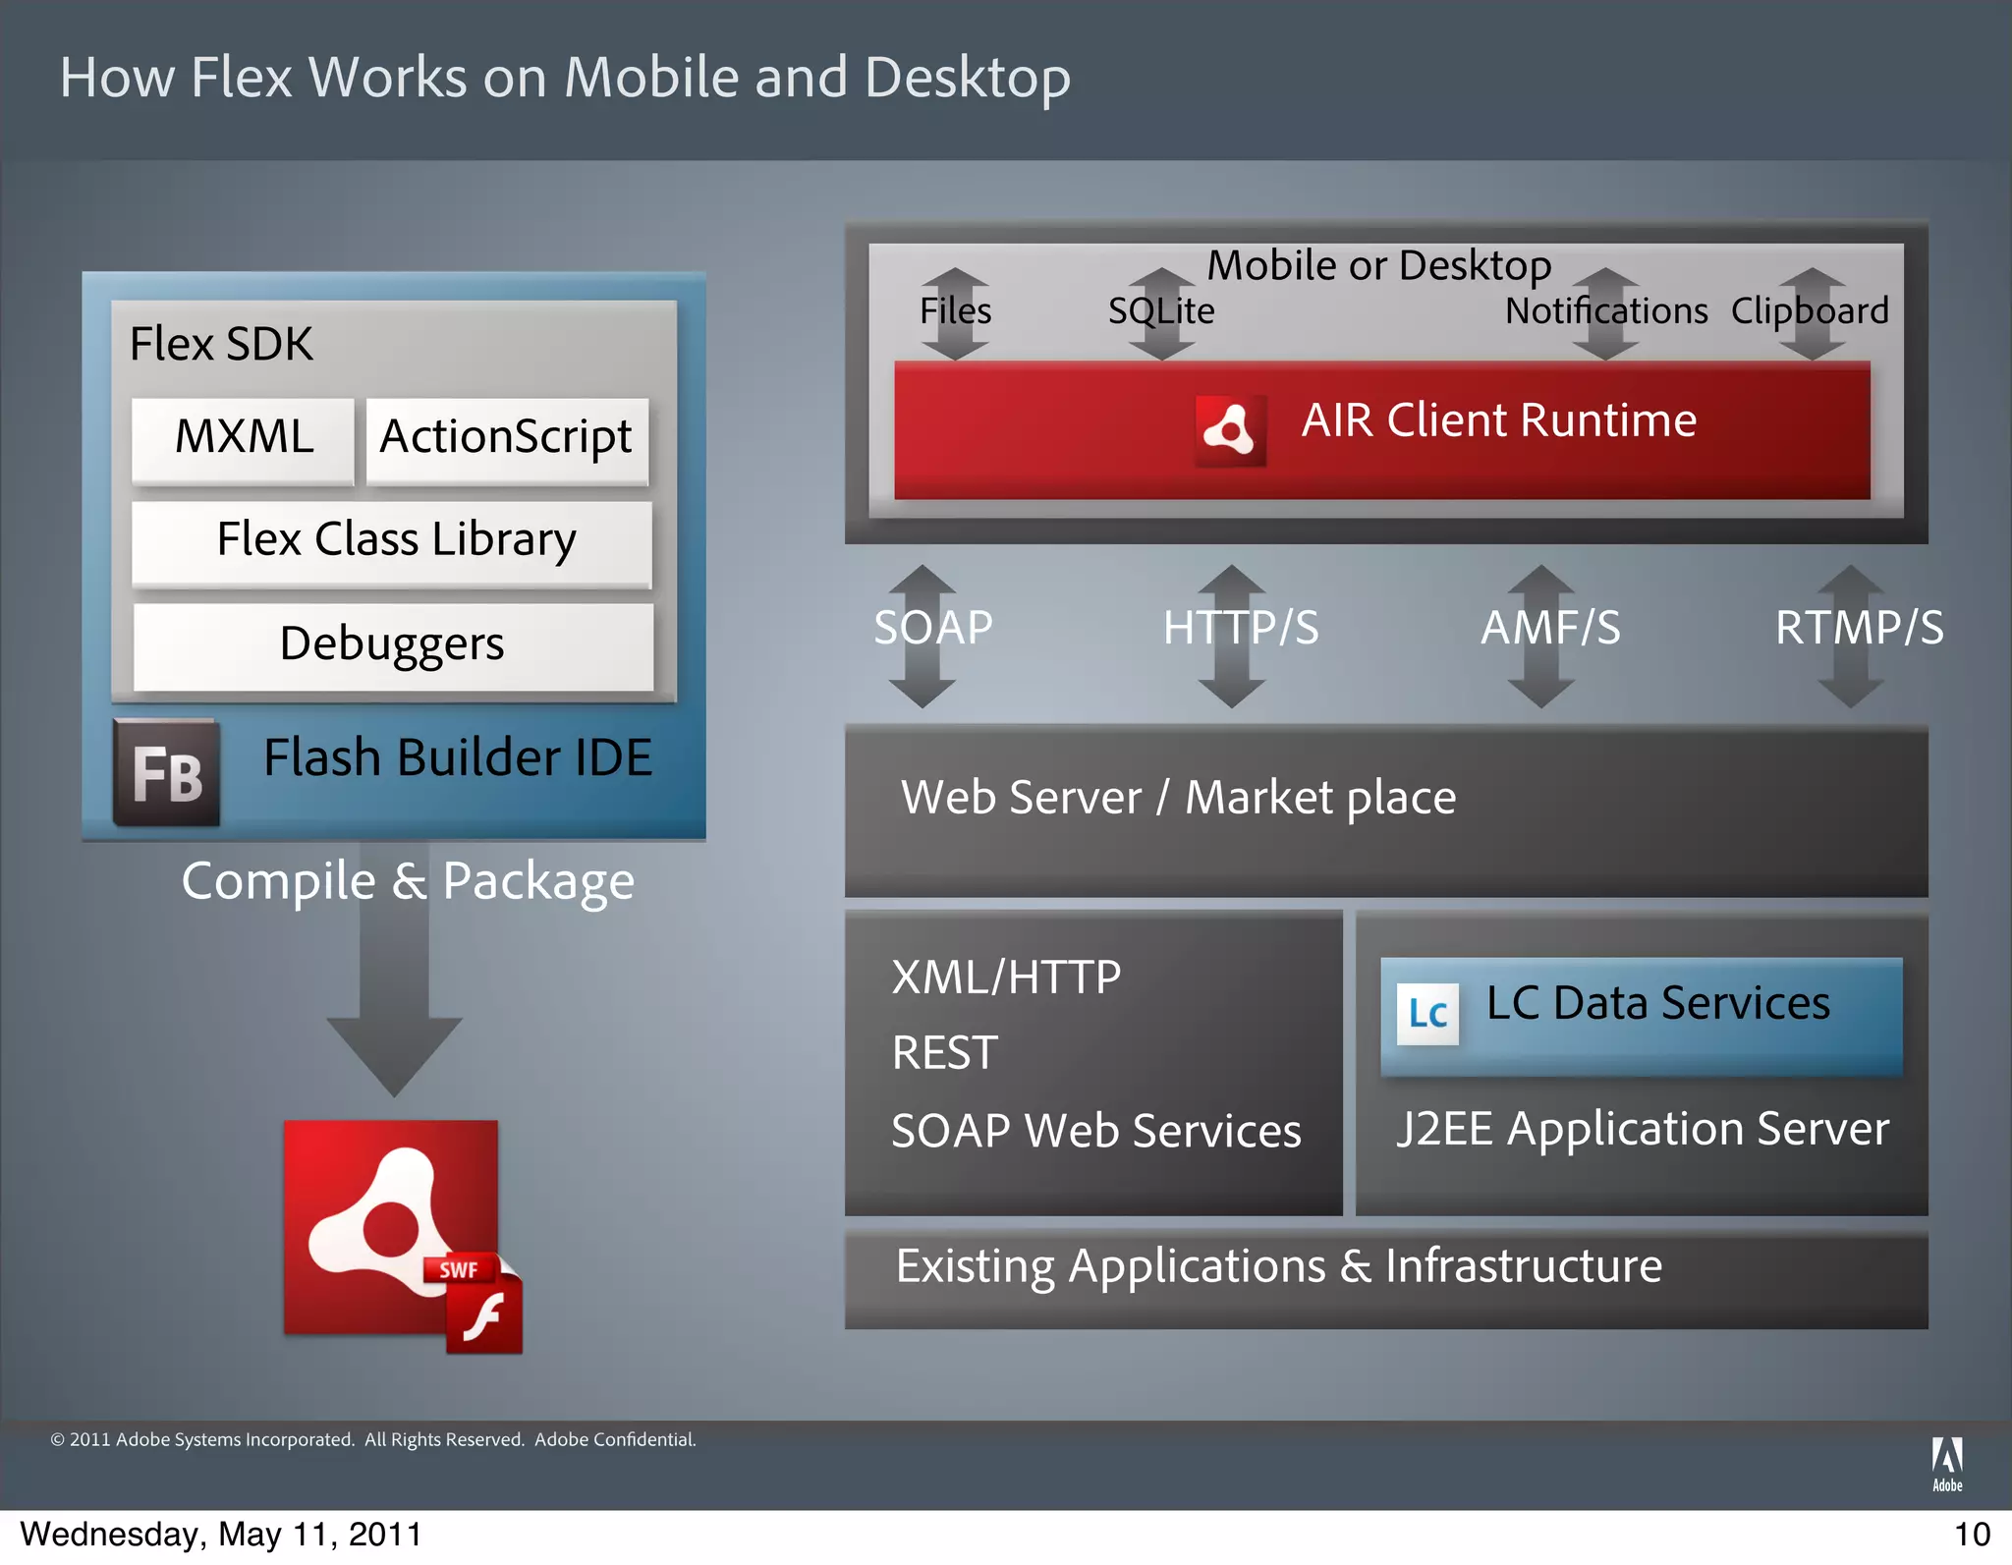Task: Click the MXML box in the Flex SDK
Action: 244,438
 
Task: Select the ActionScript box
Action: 507,438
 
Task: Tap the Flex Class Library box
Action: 393,541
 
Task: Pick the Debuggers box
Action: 393,645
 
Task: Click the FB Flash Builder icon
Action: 166,773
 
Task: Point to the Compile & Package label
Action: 408,881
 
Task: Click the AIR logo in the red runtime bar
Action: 1230,430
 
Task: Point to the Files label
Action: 955,311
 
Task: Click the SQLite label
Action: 1161,311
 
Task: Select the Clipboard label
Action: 1810,311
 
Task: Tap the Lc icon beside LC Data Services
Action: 1427,1014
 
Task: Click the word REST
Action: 944,1054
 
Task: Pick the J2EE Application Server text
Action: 1643,1130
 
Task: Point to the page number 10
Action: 1972,1535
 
